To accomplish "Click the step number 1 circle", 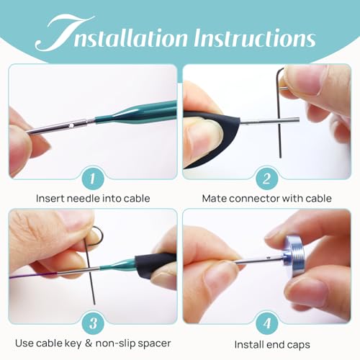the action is [93, 179].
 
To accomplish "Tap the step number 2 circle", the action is [266, 179].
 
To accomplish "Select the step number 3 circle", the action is [93, 323].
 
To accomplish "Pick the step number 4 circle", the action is [266, 323].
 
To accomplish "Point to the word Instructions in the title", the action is [254, 38].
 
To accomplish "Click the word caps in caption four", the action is [298, 345].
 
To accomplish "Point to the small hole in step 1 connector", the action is [71, 125].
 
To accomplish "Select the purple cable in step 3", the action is [34, 275].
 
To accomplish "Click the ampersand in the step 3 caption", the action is [89, 343].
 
